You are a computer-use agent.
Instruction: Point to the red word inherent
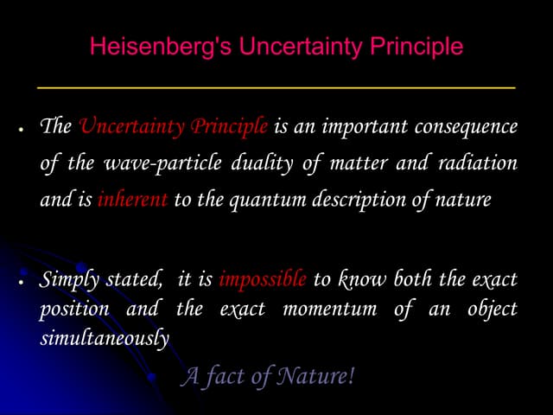pyautogui.click(x=132, y=200)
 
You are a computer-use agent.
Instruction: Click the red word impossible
pyautogui.click(x=263, y=279)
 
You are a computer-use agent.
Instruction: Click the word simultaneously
pyautogui.click(x=105, y=339)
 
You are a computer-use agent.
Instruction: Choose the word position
pyautogui.click(x=74, y=309)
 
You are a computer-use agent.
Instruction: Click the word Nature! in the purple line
pyautogui.click(x=321, y=377)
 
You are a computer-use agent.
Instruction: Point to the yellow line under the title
pyautogui.click(x=276, y=88)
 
